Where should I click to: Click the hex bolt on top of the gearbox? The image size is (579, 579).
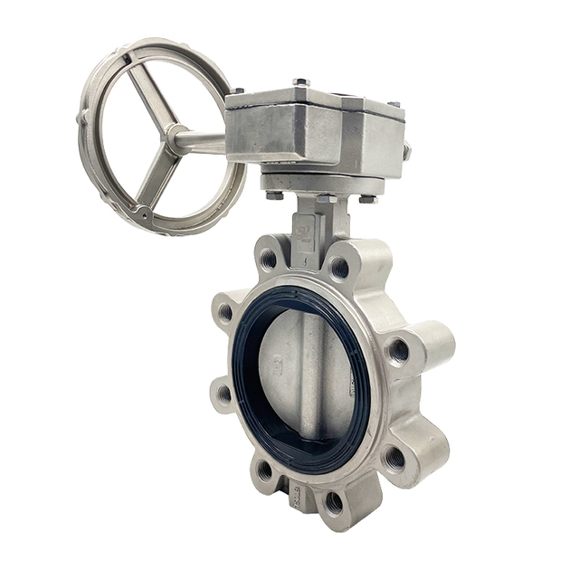300,83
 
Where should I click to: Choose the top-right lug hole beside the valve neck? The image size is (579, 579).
339,268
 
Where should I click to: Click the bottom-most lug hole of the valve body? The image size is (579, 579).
334,501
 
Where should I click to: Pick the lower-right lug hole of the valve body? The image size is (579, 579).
394,458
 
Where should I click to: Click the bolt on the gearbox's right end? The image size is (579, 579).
406,151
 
